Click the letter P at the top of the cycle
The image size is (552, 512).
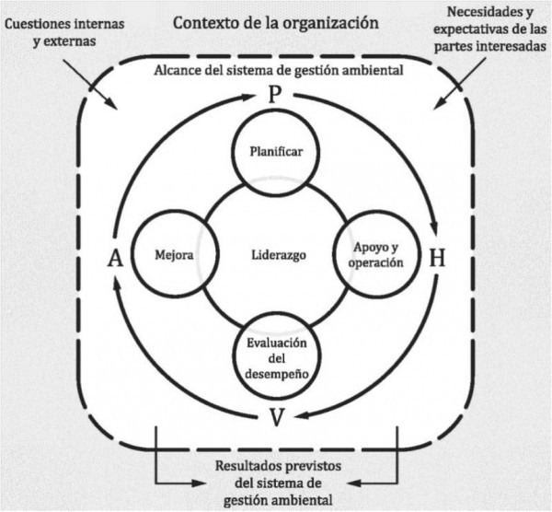pos(274,95)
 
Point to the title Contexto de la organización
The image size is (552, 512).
pos(274,21)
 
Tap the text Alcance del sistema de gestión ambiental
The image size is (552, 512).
pos(274,70)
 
